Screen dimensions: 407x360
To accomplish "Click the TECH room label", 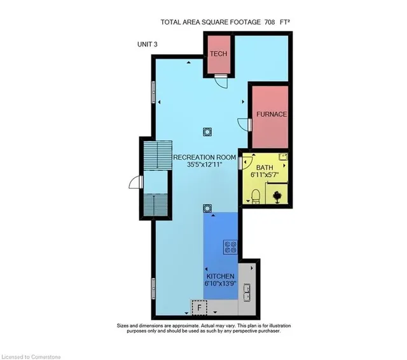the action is pos(219,53).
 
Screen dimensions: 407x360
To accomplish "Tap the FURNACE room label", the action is pos(272,114).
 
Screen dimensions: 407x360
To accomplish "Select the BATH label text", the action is pos(265,167).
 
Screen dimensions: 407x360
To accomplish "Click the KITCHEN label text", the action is pos(221,276).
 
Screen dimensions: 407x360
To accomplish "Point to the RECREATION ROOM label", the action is pos(205,157).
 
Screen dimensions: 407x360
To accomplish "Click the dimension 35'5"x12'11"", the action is pos(205,164).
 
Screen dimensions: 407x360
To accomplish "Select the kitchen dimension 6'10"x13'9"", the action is pos(221,284).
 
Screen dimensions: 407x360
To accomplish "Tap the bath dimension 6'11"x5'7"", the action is pos(265,175).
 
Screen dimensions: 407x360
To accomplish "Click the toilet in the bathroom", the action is pos(256,197).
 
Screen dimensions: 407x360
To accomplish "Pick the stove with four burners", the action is pos(230,247).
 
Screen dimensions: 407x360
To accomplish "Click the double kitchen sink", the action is pos(247,293).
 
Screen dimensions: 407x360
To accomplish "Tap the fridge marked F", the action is pos(199,308).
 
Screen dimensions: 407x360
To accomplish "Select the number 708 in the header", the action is pos(270,22).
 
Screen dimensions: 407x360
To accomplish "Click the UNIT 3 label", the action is pos(147,45).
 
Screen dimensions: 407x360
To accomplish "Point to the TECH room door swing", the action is pos(221,83).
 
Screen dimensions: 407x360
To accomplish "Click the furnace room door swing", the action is pos(244,125).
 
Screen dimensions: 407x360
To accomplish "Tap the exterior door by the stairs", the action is pos(135,182).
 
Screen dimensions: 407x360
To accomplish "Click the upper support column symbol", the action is pos(207,132).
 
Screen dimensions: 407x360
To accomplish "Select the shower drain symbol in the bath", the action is pos(276,197).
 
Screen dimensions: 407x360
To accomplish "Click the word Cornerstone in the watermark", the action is pos(46,357).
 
